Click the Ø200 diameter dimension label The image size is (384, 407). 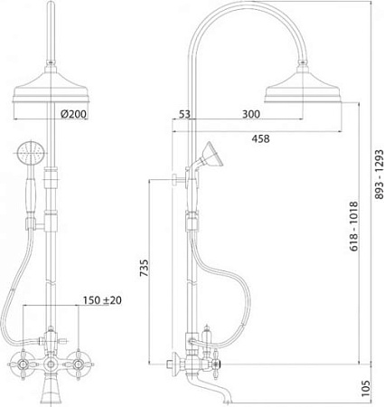(x=73, y=114)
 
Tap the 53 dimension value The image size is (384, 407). (x=185, y=114)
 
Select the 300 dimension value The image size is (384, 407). (x=251, y=114)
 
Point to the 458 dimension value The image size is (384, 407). (x=261, y=139)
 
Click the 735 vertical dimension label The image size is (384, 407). (x=144, y=268)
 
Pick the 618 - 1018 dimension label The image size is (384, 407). (x=354, y=226)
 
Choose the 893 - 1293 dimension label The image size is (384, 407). (x=379, y=174)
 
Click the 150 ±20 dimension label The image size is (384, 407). (x=102, y=300)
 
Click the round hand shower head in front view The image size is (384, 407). (x=31, y=153)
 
